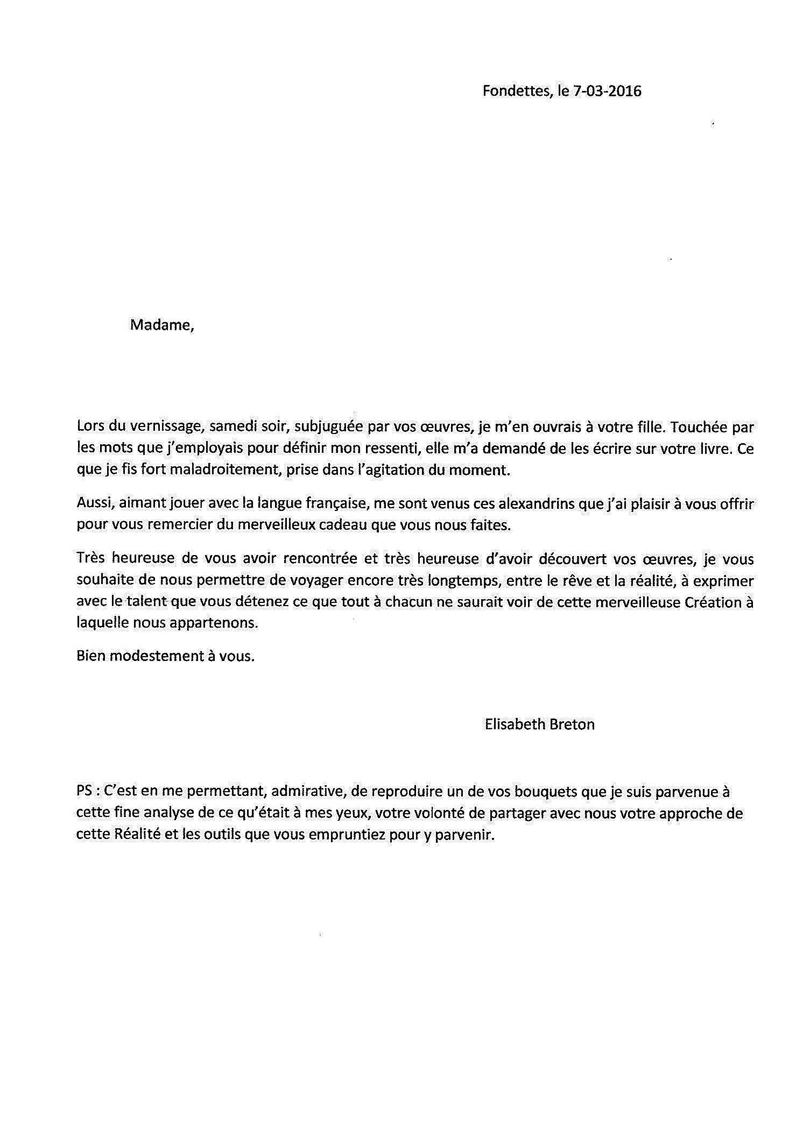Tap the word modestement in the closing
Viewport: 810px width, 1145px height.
click(x=156, y=657)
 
